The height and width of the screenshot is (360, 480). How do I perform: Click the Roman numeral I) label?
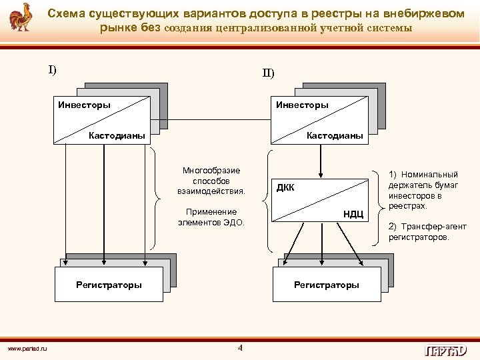(52, 69)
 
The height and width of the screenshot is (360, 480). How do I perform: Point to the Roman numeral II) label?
(267, 73)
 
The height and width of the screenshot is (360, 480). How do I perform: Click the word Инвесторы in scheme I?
(84, 105)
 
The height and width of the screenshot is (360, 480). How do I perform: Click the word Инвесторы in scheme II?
(302, 105)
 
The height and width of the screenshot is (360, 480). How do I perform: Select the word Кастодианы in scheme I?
(117, 135)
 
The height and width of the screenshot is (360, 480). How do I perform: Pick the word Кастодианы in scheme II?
(335, 135)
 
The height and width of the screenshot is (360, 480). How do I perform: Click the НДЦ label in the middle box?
(353, 213)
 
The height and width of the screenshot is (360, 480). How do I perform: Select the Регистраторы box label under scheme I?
(109, 285)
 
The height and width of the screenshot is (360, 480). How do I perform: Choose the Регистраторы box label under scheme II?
(326, 285)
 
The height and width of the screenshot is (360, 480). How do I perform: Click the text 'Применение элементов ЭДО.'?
(211, 217)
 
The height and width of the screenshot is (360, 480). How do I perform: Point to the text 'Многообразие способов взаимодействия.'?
(211, 181)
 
